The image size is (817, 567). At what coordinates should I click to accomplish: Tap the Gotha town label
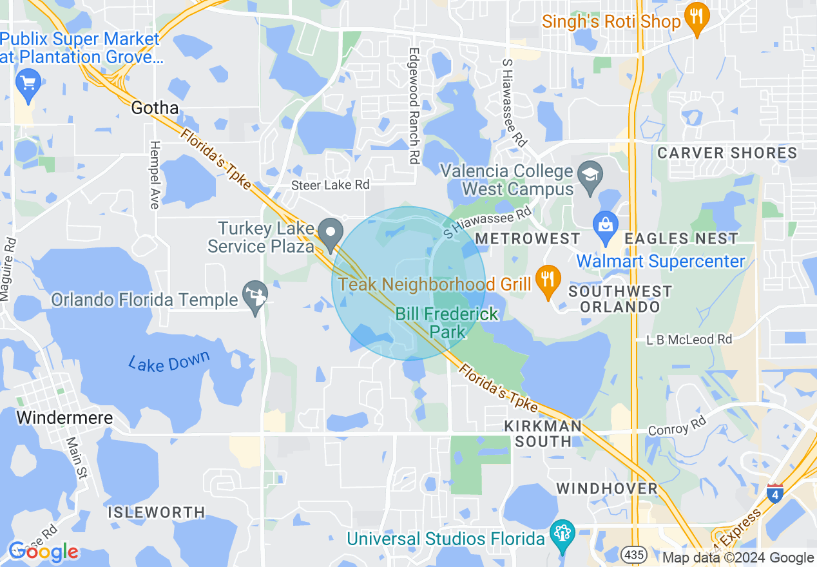[x=155, y=108]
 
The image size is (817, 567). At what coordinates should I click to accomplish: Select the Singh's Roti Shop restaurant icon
[x=695, y=17]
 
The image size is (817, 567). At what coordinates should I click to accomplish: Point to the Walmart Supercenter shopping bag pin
[x=606, y=226]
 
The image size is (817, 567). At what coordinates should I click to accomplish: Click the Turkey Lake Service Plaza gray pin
[x=332, y=234]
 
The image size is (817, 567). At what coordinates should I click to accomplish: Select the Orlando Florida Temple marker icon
[x=255, y=297]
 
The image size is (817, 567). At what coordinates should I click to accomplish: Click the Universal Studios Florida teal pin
[x=563, y=535]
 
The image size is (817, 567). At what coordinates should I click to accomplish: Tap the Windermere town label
[x=64, y=418]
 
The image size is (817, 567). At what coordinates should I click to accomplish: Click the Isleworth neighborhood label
[x=157, y=513]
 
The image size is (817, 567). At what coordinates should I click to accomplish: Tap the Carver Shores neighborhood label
[x=727, y=153]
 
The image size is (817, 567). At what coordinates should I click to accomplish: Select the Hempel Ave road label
[x=155, y=175]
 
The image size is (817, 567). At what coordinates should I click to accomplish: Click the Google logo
[x=43, y=552]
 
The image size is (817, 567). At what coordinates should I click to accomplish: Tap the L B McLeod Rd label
[x=690, y=339]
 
